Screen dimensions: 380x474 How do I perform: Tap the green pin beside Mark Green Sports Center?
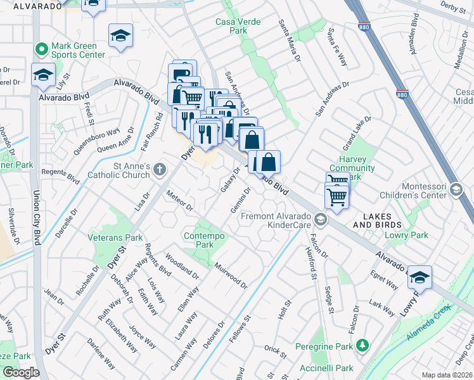coord(42,48)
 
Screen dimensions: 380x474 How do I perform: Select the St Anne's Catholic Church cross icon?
coord(159,169)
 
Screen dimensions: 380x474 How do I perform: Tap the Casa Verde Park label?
coord(239,27)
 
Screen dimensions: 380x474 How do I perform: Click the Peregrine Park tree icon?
coord(362,345)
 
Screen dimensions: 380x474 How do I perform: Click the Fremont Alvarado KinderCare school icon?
coord(321,220)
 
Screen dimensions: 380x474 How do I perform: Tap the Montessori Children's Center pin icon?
coord(455,190)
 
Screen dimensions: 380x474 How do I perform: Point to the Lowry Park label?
coord(406,235)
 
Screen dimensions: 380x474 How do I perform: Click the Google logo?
coord(20,372)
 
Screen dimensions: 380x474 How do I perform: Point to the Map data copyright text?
coord(446,375)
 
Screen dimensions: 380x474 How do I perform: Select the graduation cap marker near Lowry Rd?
coord(420,277)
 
